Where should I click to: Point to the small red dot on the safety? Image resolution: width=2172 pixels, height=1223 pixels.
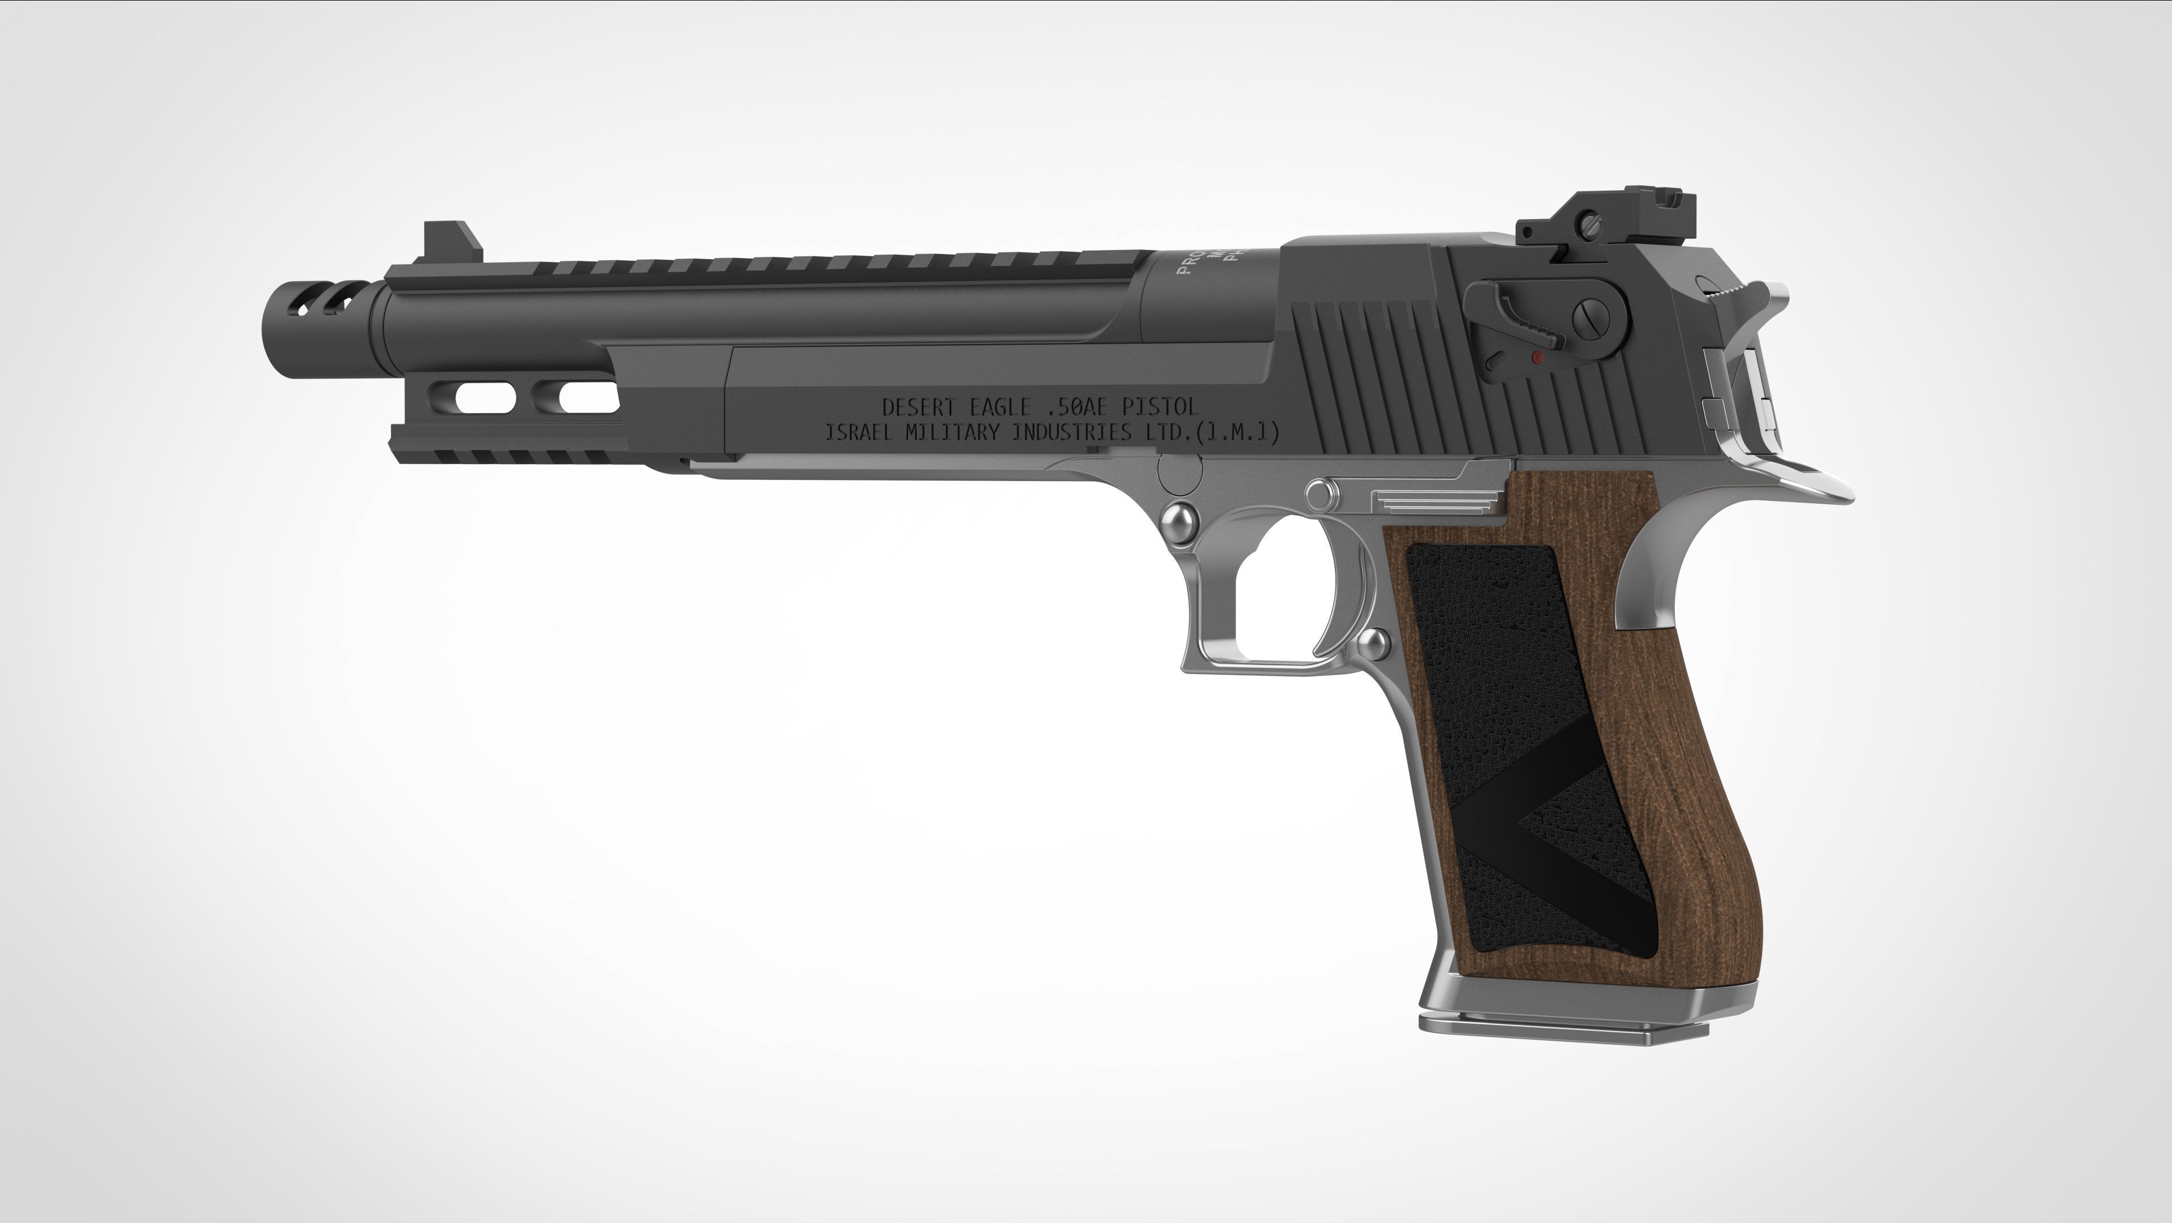[x=1537, y=358]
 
